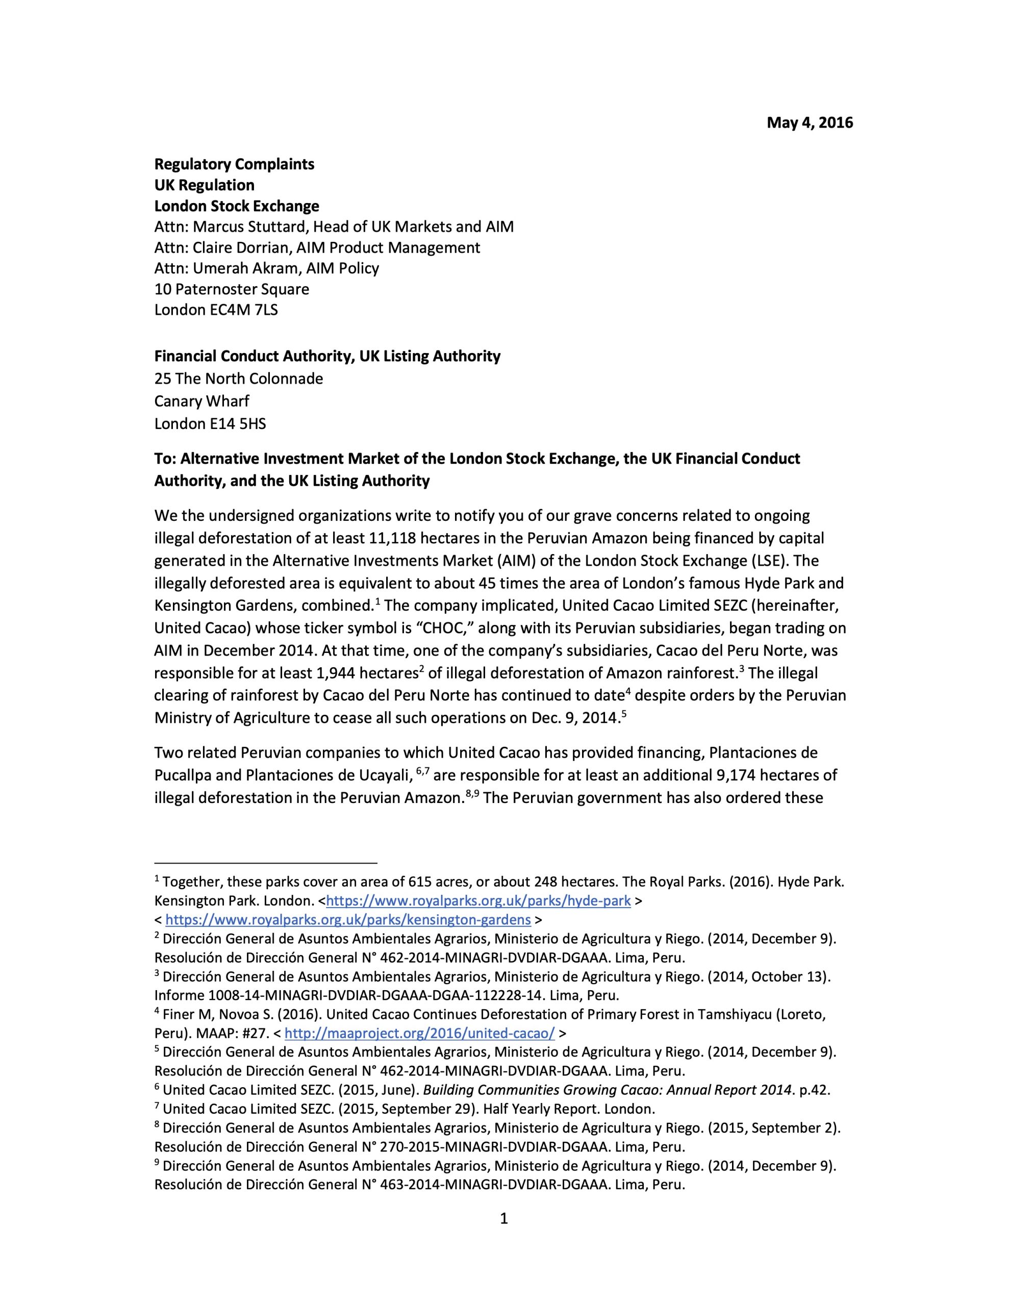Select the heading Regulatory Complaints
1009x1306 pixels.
pyautogui.click(x=234, y=164)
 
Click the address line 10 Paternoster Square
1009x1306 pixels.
pyautogui.click(x=232, y=289)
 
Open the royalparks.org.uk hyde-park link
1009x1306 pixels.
pyautogui.click(x=478, y=900)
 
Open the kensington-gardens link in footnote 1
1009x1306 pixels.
pyautogui.click(x=347, y=919)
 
